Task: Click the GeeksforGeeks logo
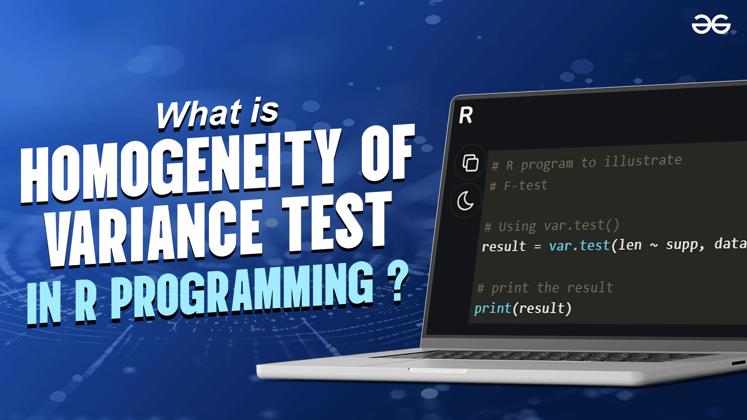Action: click(x=711, y=24)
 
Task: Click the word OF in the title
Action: click(x=388, y=153)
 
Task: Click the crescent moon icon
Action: click(x=465, y=201)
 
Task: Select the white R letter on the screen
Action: click(x=466, y=115)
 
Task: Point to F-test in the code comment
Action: click(x=526, y=185)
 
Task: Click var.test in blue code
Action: click(x=579, y=246)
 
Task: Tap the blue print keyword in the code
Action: click(x=493, y=308)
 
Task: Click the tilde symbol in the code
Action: click(x=654, y=245)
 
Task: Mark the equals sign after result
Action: click(x=538, y=247)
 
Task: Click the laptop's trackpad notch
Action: click(x=437, y=370)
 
